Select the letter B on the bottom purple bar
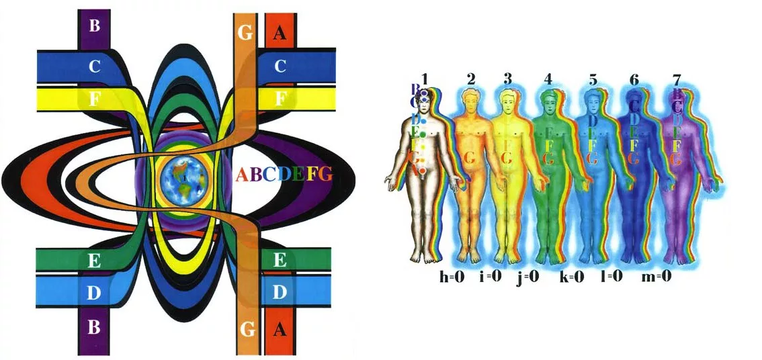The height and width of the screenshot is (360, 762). [94, 328]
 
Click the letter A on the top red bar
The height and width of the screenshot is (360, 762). [279, 34]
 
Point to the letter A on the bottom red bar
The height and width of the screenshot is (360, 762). [280, 329]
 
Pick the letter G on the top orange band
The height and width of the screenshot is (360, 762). [245, 34]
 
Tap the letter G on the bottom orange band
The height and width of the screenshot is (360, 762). [246, 329]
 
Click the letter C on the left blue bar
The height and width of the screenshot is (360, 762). [94, 66]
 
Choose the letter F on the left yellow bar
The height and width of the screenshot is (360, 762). [94, 99]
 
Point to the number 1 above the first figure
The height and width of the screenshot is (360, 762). [425, 79]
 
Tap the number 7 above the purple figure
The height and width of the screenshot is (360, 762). [676, 80]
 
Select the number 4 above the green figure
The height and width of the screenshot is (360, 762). [548, 79]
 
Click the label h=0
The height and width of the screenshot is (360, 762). [452, 277]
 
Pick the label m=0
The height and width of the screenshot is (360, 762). [657, 277]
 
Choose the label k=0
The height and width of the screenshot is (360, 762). [572, 277]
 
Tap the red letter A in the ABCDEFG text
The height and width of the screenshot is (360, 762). [243, 175]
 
